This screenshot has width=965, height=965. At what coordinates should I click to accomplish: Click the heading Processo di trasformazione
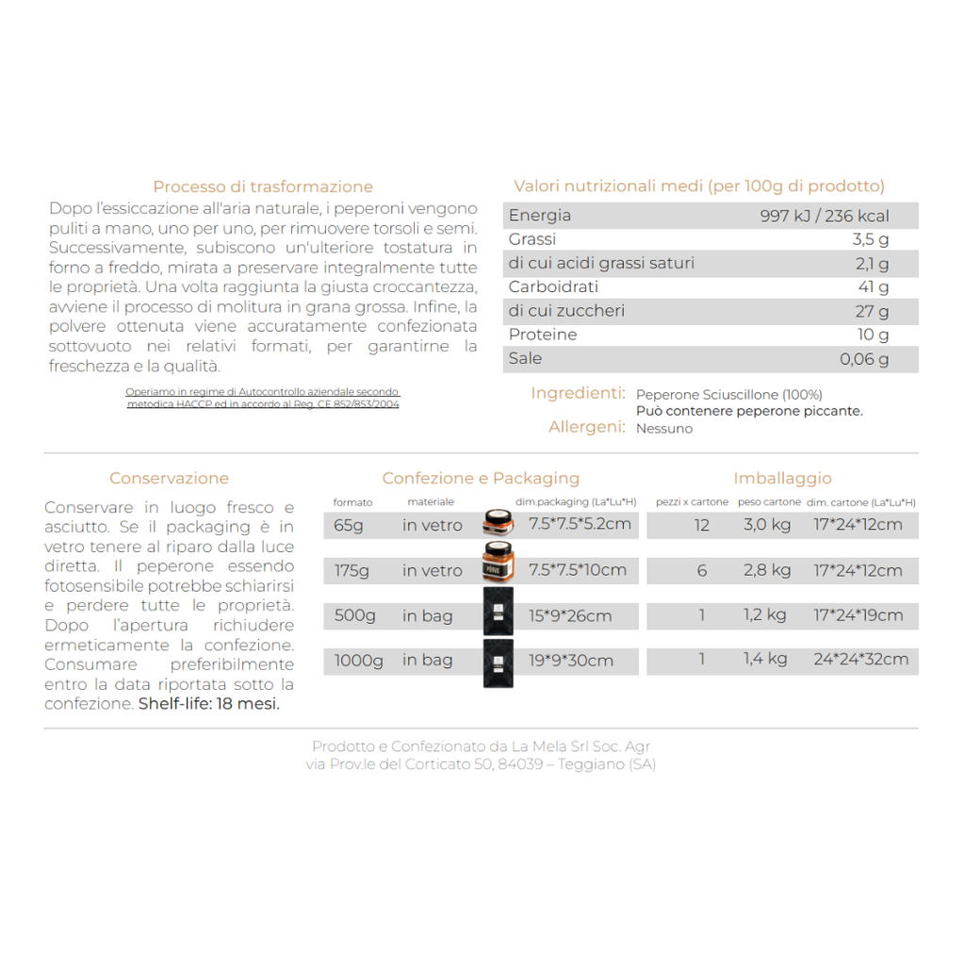tap(263, 187)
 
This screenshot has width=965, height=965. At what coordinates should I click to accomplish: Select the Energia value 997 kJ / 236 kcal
tap(824, 216)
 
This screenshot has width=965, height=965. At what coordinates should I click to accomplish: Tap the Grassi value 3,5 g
tap(870, 239)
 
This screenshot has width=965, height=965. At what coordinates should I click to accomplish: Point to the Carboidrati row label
tap(553, 286)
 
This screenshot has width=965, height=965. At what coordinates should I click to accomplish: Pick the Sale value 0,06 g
tap(864, 359)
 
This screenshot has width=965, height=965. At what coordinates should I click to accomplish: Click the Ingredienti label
tap(578, 393)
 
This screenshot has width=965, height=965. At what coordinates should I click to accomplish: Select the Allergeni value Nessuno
tap(664, 429)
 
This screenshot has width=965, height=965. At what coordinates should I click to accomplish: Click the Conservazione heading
tap(169, 479)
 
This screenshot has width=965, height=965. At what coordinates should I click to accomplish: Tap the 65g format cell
tap(349, 525)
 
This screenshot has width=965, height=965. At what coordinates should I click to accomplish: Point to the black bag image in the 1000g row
tap(498, 662)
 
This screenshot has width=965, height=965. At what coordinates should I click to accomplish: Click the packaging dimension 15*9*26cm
tap(570, 616)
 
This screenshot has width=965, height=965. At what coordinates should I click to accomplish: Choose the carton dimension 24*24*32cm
tap(860, 660)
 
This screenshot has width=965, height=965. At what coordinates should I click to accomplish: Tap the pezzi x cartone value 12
tap(701, 525)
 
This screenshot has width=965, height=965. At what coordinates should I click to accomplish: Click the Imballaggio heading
tap(782, 479)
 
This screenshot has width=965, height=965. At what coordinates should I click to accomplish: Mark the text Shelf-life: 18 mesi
tap(209, 704)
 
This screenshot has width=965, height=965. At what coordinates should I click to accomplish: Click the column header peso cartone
tap(768, 502)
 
